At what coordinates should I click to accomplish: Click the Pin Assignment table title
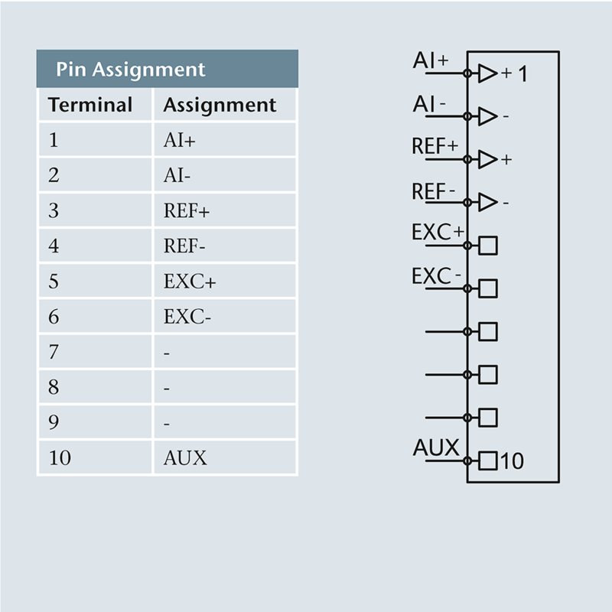(131, 70)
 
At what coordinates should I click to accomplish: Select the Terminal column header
(90, 105)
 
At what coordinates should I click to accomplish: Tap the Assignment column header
(220, 105)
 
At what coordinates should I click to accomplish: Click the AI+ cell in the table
(181, 141)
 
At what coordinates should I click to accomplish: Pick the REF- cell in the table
(184, 246)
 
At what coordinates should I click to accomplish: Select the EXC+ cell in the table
(190, 282)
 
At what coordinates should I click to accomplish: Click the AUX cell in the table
(185, 458)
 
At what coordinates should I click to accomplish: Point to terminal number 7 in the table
(54, 352)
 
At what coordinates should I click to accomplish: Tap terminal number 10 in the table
(60, 458)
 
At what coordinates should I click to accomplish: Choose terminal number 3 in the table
(54, 211)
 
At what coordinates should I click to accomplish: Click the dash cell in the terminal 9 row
(167, 423)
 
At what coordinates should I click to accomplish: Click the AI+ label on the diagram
(431, 60)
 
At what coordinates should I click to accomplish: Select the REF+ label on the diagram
(435, 146)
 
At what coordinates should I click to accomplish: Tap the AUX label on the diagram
(436, 448)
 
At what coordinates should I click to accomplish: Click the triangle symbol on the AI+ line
(487, 73)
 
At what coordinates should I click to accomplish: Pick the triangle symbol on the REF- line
(487, 202)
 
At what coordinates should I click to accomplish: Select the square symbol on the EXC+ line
(488, 246)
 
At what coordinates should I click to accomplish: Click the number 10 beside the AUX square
(513, 461)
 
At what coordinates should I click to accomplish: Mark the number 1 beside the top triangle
(522, 74)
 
